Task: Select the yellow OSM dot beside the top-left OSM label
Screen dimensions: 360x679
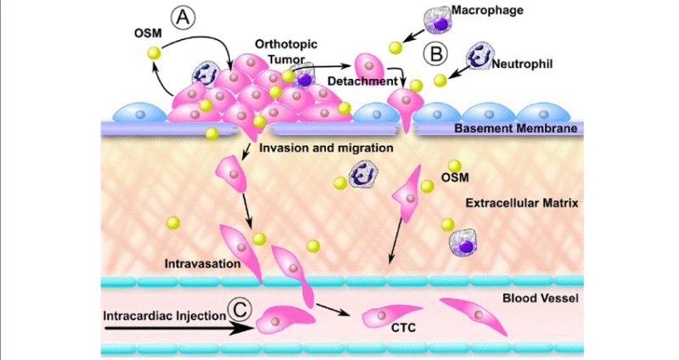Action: coord(154,53)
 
